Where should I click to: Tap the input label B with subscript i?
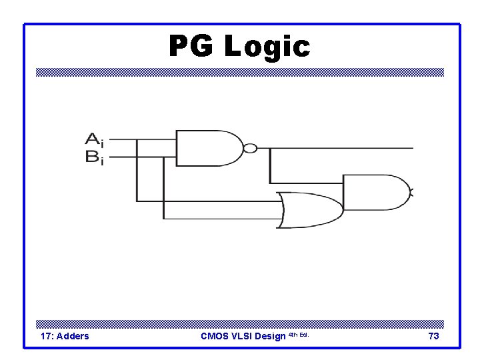point(94,158)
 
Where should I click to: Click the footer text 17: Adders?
point(65,336)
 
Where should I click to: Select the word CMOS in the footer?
point(215,336)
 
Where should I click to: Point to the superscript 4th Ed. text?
point(299,334)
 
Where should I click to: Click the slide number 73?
point(433,336)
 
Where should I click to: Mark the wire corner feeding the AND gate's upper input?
point(270,183)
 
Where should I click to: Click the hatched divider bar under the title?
point(240,73)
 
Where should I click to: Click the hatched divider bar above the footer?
point(240,322)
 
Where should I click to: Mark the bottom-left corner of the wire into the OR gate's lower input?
point(163,219)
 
